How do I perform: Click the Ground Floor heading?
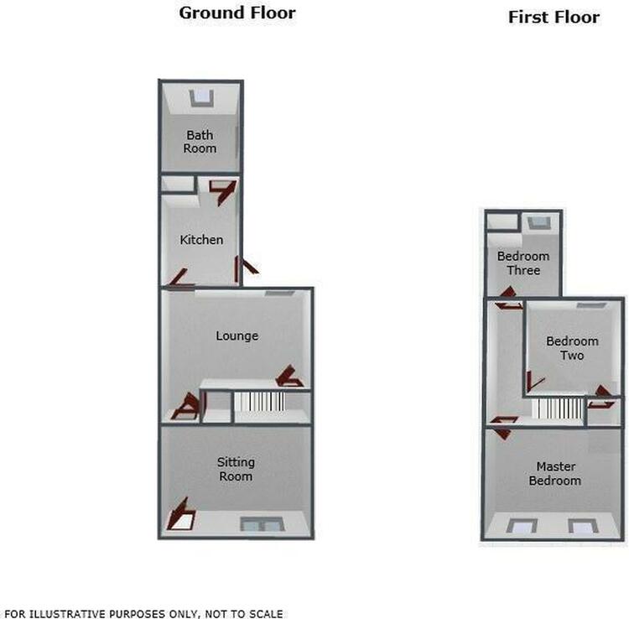pos(237,13)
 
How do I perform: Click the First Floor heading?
pos(554,18)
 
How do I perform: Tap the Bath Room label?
pos(200,142)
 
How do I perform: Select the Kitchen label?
pos(201,240)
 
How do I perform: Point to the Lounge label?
pos(237,336)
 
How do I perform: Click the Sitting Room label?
pos(236,470)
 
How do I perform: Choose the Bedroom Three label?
pos(523,263)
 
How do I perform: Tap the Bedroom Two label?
pos(573,348)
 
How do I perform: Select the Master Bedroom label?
pos(555,473)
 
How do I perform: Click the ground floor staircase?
pos(259,402)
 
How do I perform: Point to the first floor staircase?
pos(558,408)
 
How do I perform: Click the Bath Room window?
pos(201,98)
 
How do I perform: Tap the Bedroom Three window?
pos(539,223)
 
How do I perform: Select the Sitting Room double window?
pos(263,524)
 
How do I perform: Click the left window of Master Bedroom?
pos(522,527)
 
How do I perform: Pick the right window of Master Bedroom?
pos(583,527)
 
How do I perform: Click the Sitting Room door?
pos(181,515)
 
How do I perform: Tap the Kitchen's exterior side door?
pos(246,268)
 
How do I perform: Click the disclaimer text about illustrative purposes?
pos(143,614)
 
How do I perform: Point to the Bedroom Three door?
pos(508,298)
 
